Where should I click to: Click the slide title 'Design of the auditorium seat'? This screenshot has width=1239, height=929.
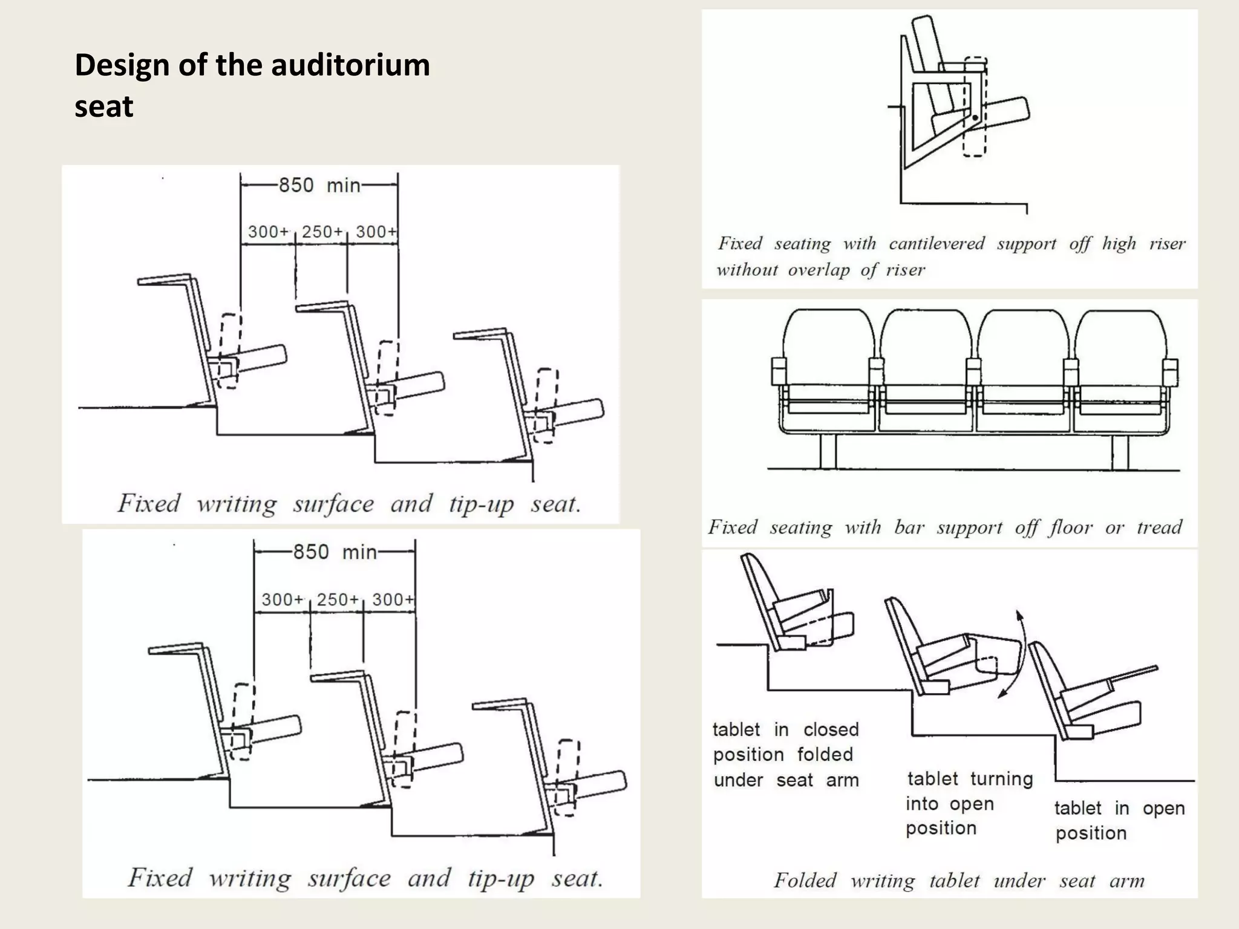[x=252, y=85]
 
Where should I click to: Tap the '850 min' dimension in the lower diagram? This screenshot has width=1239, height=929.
[x=335, y=552]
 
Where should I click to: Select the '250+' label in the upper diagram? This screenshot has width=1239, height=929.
[x=322, y=232]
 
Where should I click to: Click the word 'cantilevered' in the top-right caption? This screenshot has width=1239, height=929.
[x=936, y=244]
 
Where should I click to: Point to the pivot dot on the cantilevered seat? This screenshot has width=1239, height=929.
[x=975, y=118]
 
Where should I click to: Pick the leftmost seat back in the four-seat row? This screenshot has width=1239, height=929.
[x=828, y=339]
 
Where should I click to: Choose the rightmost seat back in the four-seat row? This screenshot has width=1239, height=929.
[x=1120, y=339]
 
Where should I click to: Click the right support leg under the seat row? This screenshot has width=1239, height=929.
[x=1120, y=451]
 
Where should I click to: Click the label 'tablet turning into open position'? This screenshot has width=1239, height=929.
[x=969, y=803]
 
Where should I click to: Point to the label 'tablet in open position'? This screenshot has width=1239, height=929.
[x=1119, y=820]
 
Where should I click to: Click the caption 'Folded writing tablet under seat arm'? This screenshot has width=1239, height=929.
[x=959, y=880]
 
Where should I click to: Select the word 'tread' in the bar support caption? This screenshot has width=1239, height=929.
[x=1159, y=527]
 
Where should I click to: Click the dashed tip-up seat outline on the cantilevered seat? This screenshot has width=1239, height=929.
[x=975, y=108]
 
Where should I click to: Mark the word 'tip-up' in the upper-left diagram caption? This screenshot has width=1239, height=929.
[x=481, y=504]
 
